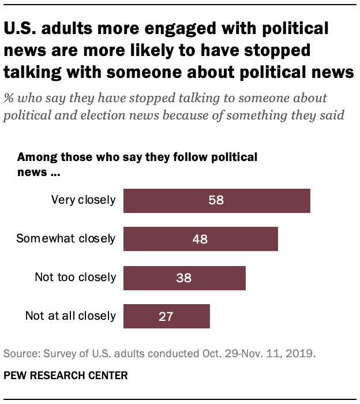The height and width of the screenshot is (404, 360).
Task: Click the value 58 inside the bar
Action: [216, 200]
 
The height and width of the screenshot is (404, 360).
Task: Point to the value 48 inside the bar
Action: [200, 238]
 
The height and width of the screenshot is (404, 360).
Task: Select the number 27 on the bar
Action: [166, 316]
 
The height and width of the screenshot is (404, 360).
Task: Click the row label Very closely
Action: [83, 200]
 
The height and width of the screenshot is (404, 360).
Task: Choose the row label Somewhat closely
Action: [66, 238]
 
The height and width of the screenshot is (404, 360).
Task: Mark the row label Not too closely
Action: [75, 277]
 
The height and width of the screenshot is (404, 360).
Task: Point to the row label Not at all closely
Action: [70, 316]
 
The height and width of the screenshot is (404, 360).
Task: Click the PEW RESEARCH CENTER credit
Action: [66, 375]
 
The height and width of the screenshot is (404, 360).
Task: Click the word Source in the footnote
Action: [19, 353]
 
